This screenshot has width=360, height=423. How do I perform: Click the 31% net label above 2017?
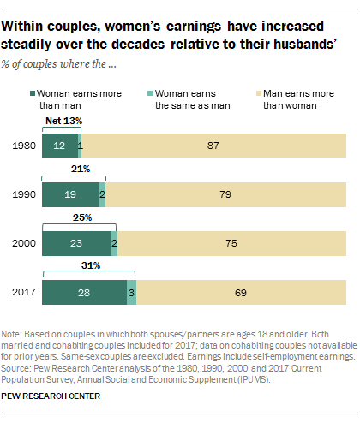tap(89, 267)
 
